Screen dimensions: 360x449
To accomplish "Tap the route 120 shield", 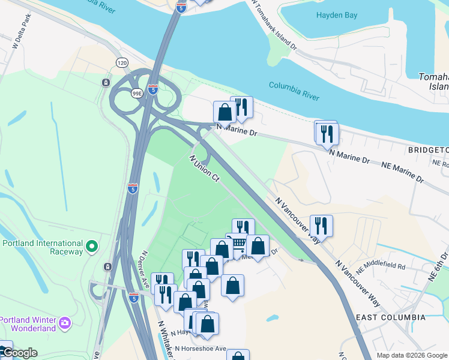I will point(122,62).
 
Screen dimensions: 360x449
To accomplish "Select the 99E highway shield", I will point(137,93).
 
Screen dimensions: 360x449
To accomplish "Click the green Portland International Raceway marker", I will point(91,246).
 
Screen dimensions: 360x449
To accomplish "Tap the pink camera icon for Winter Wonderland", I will point(64,324).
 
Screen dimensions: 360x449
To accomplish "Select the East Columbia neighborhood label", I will point(391,317).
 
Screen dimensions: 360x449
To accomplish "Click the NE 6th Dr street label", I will point(438,268).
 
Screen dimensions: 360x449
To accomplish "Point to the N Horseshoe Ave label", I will point(206,349).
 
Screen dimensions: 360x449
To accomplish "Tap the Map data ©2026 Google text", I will point(411,355).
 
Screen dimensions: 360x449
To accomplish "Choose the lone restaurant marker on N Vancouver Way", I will point(321,226).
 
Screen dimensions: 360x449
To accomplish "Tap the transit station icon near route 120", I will point(106,83).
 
